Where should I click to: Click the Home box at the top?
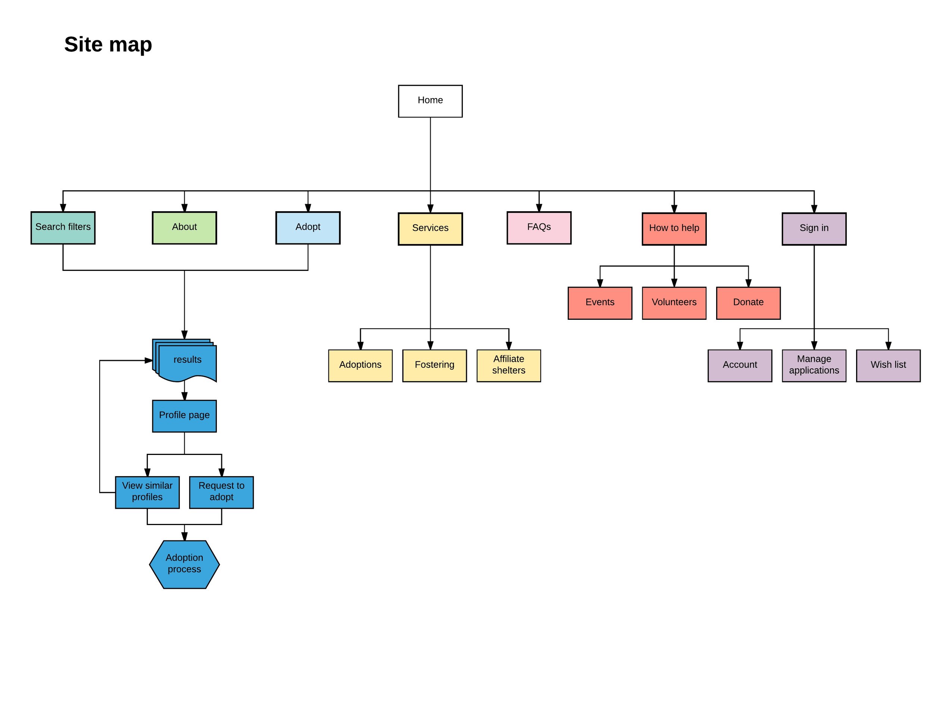click(x=430, y=101)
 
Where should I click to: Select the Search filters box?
click(x=63, y=228)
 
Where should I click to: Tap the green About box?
click(x=184, y=228)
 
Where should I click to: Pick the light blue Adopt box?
click(x=308, y=228)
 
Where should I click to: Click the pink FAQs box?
click(x=539, y=228)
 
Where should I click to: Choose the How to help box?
click(x=674, y=228)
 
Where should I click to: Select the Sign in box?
click(x=814, y=228)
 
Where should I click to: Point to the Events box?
click(x=600, y=303)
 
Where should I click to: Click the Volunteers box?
click(x=674, y=303)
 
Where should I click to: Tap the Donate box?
click(x=748, y=303)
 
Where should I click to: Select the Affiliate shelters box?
click(x=508, y=365)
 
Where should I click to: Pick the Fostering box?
click(x=434, y=365)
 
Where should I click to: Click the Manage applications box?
click(x=814, y=365)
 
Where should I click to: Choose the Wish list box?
click(x=888, y=365)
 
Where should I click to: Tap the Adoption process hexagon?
click(x=184, y=564)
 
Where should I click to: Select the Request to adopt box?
click(x=221, y=492)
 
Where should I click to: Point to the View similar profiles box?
click(x=147, y=492)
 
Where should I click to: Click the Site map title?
click(x=108, y=44)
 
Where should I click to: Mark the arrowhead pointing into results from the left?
click(x=149, y=360)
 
